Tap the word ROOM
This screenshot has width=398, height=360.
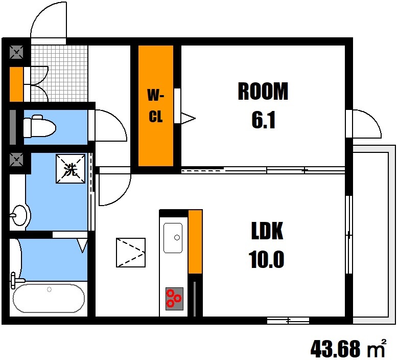[x=263, y=91]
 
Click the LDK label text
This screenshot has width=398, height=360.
[x=267, y=231]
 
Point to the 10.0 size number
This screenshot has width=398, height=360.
[x=266, y=259]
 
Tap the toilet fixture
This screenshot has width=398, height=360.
[x=39, y=126]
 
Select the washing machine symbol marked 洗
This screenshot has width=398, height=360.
[x=71, y=169]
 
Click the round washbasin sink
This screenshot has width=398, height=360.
[x=19, y=215]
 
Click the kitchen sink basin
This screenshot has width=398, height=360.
[x=173, y=238]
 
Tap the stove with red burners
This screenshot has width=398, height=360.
[x=174, y=299]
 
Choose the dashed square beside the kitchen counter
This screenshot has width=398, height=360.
[x=131, y=253]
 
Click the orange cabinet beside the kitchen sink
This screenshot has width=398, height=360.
[x=195, y=241]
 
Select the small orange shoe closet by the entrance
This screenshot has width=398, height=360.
[x=16, y=84]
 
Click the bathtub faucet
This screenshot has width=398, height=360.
[x=16, y=280]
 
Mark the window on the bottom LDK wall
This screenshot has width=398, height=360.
[x=288, y=321]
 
